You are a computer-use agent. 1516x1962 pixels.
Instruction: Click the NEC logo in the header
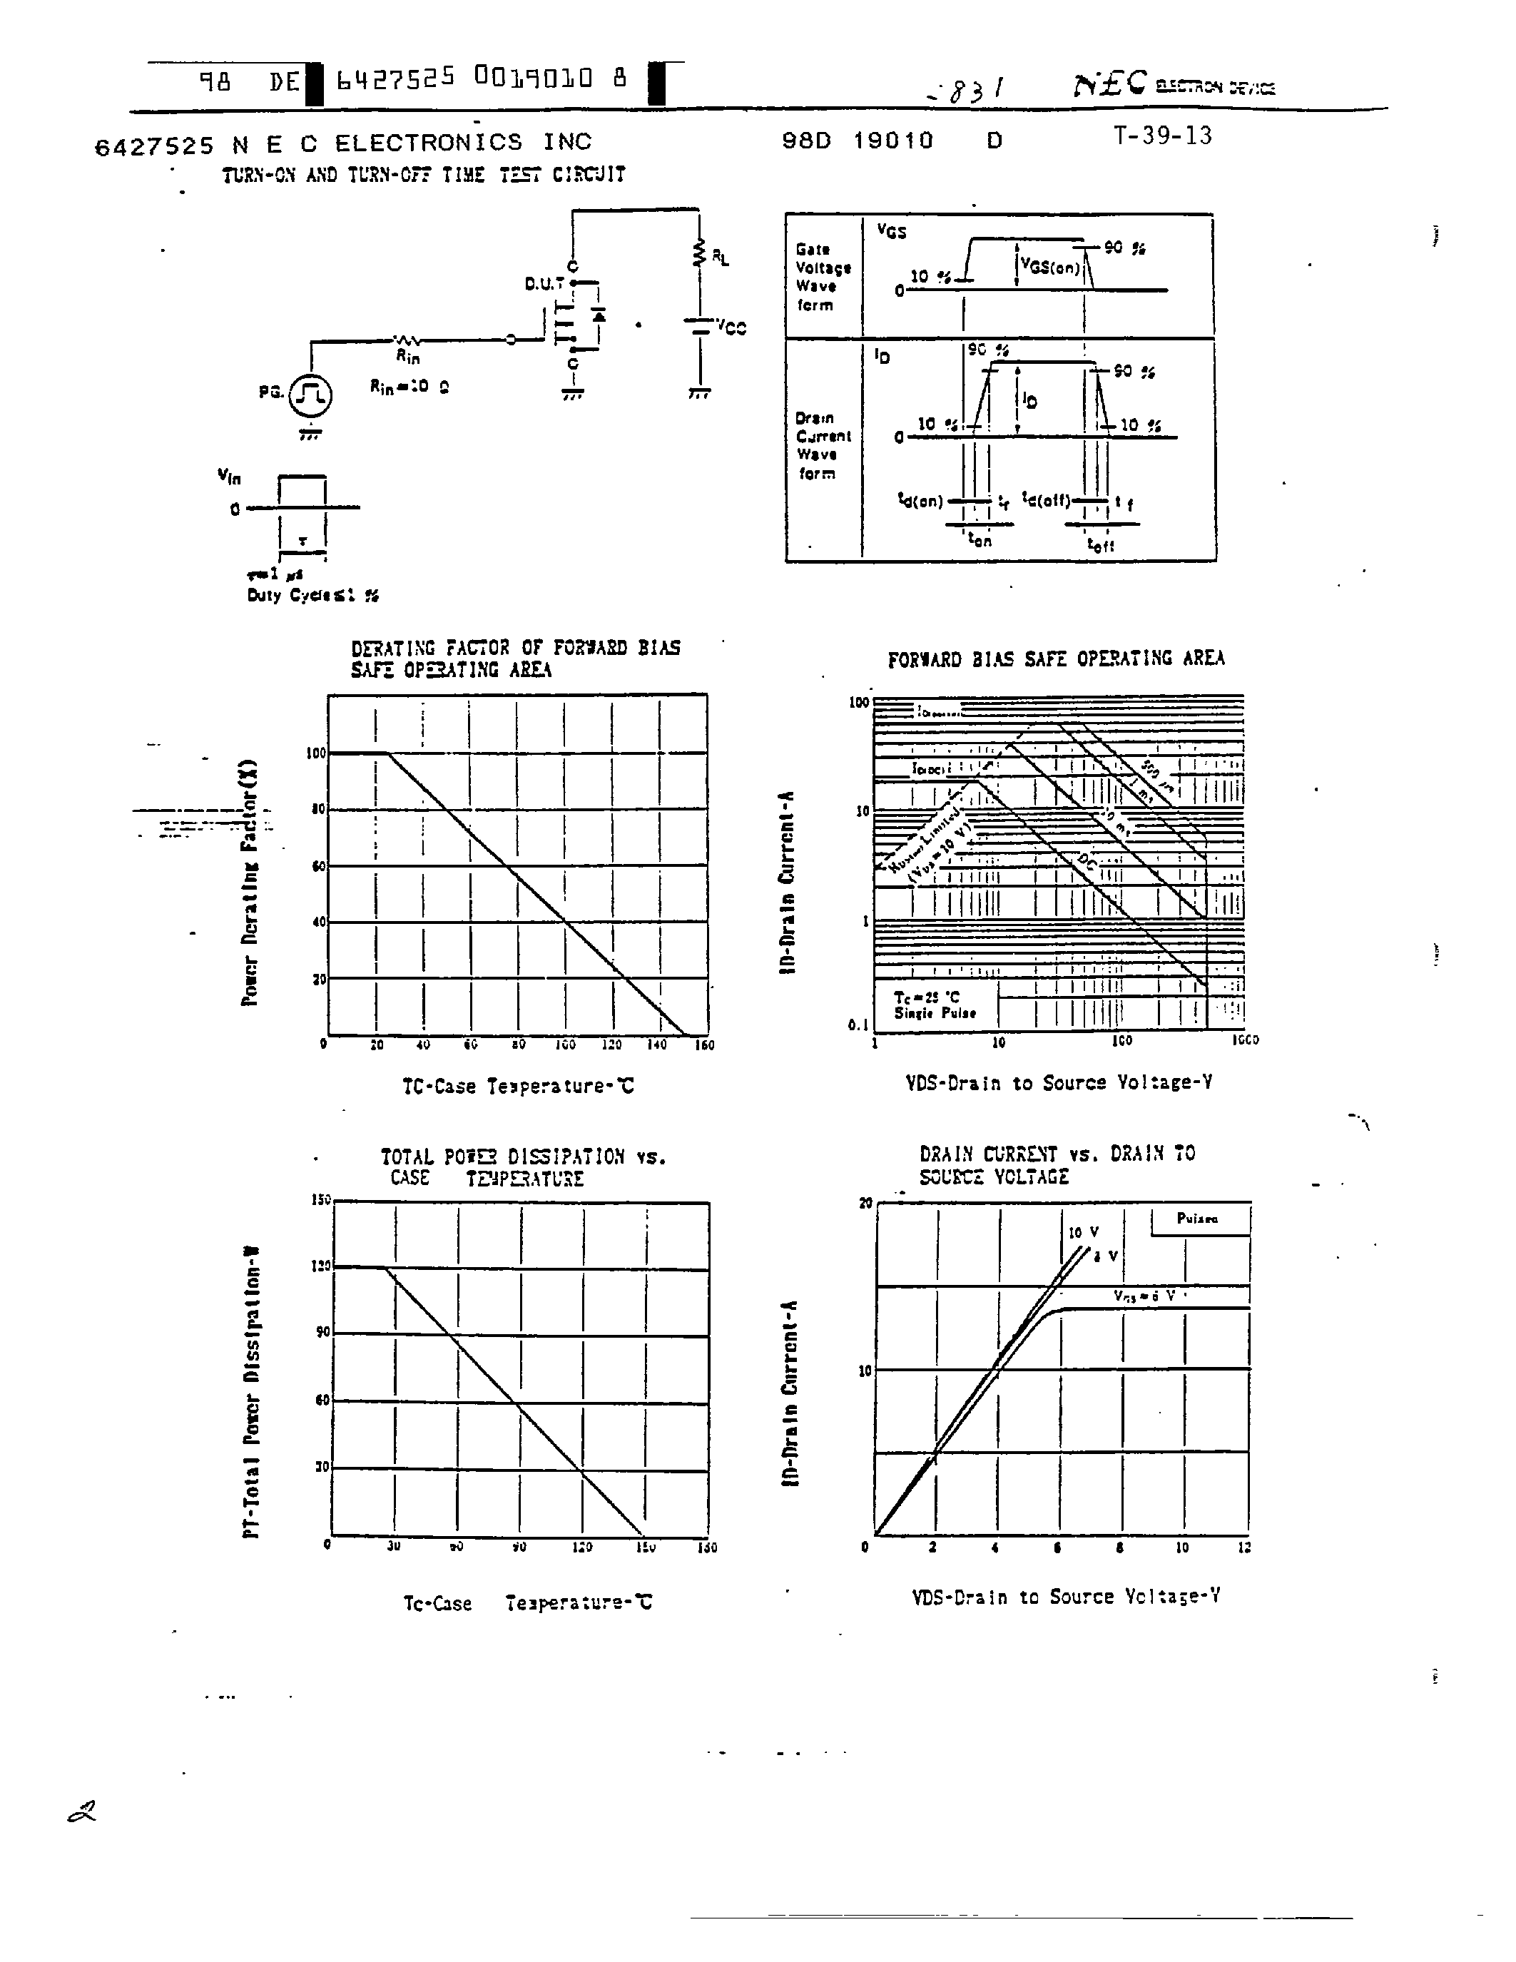(1110, 83)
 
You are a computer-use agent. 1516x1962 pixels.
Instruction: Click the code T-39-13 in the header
(1162, 136)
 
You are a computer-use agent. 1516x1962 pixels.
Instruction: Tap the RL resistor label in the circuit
(721, 257)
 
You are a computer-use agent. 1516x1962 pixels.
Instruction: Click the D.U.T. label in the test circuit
(544, 284)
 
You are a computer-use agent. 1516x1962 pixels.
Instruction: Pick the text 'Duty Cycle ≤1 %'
(312, 595)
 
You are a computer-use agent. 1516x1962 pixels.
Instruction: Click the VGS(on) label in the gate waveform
(1050, 267)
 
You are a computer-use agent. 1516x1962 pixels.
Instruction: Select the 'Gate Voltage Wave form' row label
(822, 277)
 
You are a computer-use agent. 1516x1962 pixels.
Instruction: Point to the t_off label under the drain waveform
(1100, 544)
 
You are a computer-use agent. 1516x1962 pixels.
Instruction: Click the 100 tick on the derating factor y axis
(316, 753)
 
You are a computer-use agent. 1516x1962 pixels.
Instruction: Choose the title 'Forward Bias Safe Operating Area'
(1055, 659)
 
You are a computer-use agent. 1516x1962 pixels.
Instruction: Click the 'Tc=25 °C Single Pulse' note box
(935, 1005)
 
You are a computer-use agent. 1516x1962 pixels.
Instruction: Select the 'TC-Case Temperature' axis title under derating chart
(517, 1085)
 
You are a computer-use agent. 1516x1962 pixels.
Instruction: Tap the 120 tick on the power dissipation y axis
(320, 1266)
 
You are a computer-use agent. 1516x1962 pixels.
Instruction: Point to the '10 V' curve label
(1083, 1233)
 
